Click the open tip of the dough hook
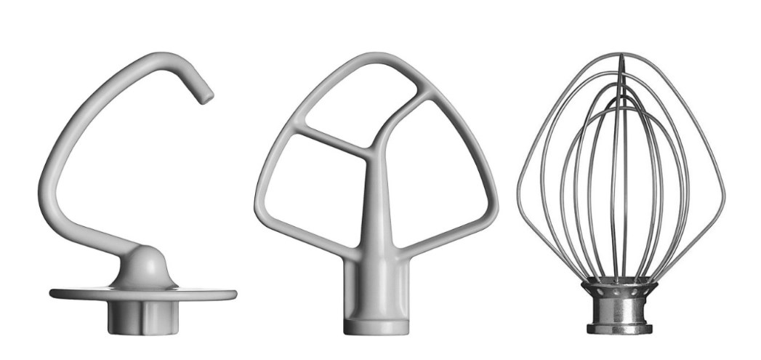click(x=207, y=95)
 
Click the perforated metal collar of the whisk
click(x=618, y=295)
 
